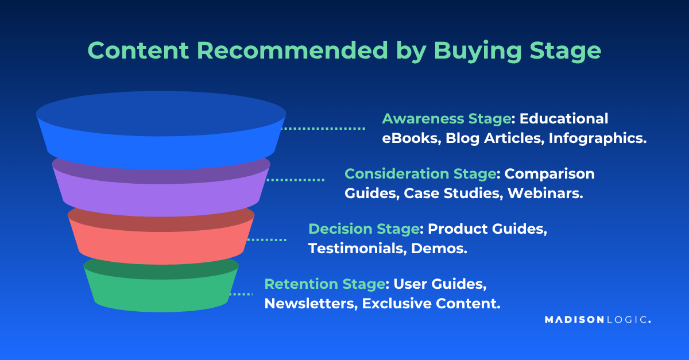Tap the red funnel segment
click(161, 241)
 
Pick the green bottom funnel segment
click(161, 290)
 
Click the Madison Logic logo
click(597, 320)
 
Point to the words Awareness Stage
click(447, 119)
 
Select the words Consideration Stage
click(420, 173)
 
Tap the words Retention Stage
click(324, 284)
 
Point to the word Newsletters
click(311, 304)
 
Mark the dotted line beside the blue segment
click(324, 129)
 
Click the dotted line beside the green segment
click(241, 294)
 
